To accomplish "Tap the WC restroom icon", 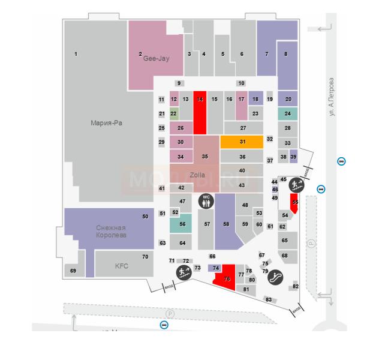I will coord(206,201).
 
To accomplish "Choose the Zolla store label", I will coord(197,175).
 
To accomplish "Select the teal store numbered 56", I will coord(182,224).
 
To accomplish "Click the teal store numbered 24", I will coord(288,113).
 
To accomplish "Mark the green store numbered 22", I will coord(174,113).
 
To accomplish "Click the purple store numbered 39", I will coord(293,157).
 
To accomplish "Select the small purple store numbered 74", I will coord(215,268).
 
